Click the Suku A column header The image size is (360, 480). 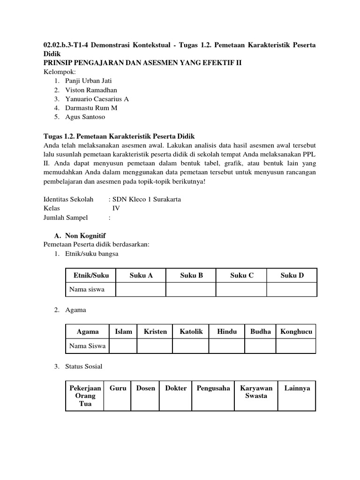(141, 275)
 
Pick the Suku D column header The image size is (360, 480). (292, 275)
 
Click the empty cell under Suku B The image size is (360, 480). (191, 289)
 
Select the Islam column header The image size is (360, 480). (123, 331)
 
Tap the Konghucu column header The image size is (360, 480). (296, 331)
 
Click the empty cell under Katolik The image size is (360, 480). (191, 346)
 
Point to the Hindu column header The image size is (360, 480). (227, 331)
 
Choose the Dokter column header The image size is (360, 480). (176, 388)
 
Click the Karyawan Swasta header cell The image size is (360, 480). (256, 392)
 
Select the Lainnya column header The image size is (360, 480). (297, 388)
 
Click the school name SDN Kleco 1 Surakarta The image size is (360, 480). (147, 199)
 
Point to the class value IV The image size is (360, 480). (116, 208)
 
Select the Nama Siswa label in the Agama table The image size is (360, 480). (88, 346)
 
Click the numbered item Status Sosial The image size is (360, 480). (84, 366)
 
